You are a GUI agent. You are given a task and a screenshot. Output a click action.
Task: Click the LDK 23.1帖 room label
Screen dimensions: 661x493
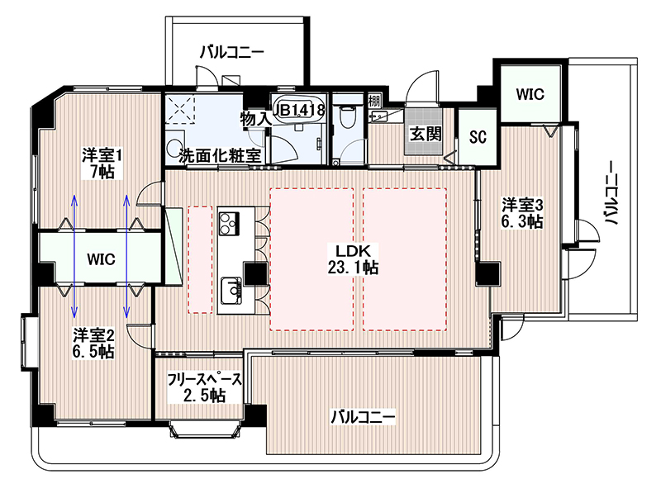coord(353,259)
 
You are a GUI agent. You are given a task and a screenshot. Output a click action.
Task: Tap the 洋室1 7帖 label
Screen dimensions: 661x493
coord(102,164)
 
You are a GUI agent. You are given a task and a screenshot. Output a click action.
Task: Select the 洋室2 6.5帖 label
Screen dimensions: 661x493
coord(93,343)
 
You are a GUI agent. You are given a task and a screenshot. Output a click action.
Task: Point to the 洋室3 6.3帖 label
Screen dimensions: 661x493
coord(522,213)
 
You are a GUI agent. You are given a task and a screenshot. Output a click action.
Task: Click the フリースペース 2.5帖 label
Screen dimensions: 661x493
coord(205,387)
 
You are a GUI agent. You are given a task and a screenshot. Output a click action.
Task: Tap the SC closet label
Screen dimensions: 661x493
coord(478,136)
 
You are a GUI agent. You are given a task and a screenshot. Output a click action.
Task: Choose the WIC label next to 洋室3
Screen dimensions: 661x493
coord(530,94)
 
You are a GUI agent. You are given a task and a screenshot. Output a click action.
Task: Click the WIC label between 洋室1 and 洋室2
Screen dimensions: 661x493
coord(101,259)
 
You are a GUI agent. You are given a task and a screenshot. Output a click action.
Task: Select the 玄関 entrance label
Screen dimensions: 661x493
coord(426,134)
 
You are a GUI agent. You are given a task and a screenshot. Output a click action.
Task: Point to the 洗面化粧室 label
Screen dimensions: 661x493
coord(220,156)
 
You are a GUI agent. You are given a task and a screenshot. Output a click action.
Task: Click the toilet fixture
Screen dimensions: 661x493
coord(348,116)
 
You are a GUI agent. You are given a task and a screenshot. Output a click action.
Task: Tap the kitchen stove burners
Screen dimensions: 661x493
coord(229,224)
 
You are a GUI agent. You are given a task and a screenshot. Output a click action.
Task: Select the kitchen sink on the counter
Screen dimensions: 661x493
coord(231,291)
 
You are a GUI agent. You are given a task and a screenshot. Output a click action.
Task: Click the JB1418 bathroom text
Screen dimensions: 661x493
coord(300,111)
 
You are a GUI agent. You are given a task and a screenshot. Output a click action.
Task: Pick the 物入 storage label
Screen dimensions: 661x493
coord(255,119)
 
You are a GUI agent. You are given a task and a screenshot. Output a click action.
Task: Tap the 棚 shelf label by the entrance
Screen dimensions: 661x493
coord(374,101)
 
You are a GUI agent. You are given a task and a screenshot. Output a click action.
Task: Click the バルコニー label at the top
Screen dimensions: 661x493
coord(232,53)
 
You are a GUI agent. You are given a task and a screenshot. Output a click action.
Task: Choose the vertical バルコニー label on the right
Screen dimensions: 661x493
coord(611,193)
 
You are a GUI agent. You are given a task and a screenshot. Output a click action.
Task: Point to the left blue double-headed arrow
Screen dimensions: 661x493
coord(74,256)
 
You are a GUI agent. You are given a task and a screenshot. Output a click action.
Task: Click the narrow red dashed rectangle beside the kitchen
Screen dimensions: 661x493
coord(200,259)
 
